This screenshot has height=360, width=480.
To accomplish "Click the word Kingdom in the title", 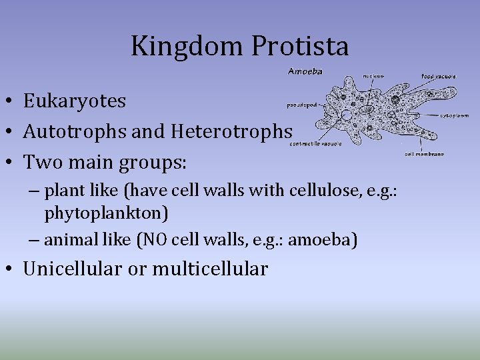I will (x=187, y=46).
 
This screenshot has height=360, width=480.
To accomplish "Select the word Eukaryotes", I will (x=75, y=101).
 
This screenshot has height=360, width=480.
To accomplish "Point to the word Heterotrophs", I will (x=231, y=132).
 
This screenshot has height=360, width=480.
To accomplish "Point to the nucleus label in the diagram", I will (x=373, y=76).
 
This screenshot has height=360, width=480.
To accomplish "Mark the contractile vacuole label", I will (x=316, y=143).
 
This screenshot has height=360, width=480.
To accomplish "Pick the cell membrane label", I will (x=425, y=154).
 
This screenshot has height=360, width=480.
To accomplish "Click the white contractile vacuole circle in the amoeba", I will (x=347, y=115).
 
